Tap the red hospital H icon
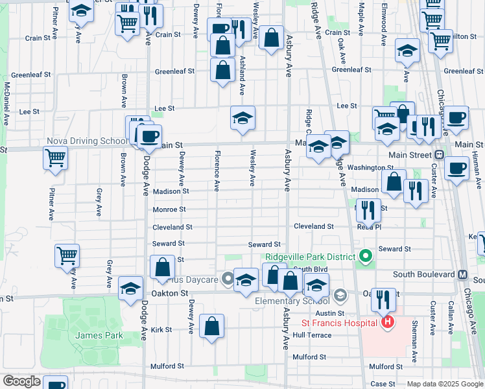pos(388,322)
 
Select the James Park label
pos(89,335)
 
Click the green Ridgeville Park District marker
pos(365,257)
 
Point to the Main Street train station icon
pos(440,155)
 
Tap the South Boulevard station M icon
pos(463,274)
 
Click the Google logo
pos(21,381)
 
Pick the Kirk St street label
pos(161,329)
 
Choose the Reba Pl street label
pos(369,227)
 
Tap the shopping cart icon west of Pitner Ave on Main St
pos(56,157)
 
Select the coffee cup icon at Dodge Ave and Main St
pos(149,136)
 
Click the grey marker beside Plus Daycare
pos(228,279)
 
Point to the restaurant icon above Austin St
pos(383,299)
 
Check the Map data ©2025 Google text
pos(444,384)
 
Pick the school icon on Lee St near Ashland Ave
pos(243,118)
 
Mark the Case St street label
pos(383,384)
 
